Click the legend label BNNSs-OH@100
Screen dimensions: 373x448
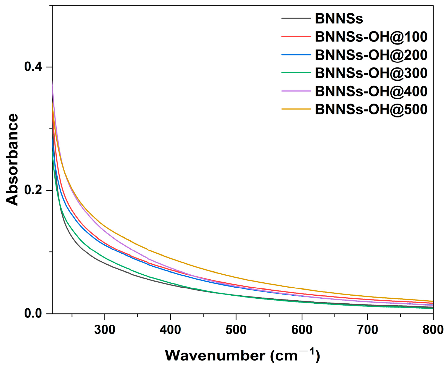(x=371, y=37)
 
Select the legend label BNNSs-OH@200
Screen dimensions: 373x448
(x=371, y=55)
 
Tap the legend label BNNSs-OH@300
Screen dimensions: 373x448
(x=371, y=73)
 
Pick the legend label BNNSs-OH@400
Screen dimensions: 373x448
(x=371, y=91)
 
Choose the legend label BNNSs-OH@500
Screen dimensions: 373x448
(x=371, y=109)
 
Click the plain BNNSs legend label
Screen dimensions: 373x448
(x=339, y=19)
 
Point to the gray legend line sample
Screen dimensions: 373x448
(x=296, y=19)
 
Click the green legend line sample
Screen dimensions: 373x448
(x=296, y=73)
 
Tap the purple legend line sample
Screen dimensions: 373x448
(x=296, y=91)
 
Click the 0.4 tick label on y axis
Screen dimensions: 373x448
(x=33, y=67)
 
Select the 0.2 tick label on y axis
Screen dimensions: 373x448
(x=33, y=190)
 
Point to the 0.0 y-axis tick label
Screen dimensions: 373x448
(x=33, y=314)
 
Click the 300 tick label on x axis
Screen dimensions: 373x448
(x=105, y=330)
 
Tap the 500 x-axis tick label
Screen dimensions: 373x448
(x=236, y=330)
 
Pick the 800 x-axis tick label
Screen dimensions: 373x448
(x=433, y=330)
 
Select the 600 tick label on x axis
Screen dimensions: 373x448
(x=302, y=330)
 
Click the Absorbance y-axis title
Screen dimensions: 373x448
(x=12, y=160)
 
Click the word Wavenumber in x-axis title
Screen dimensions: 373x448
(x=215, y=356)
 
